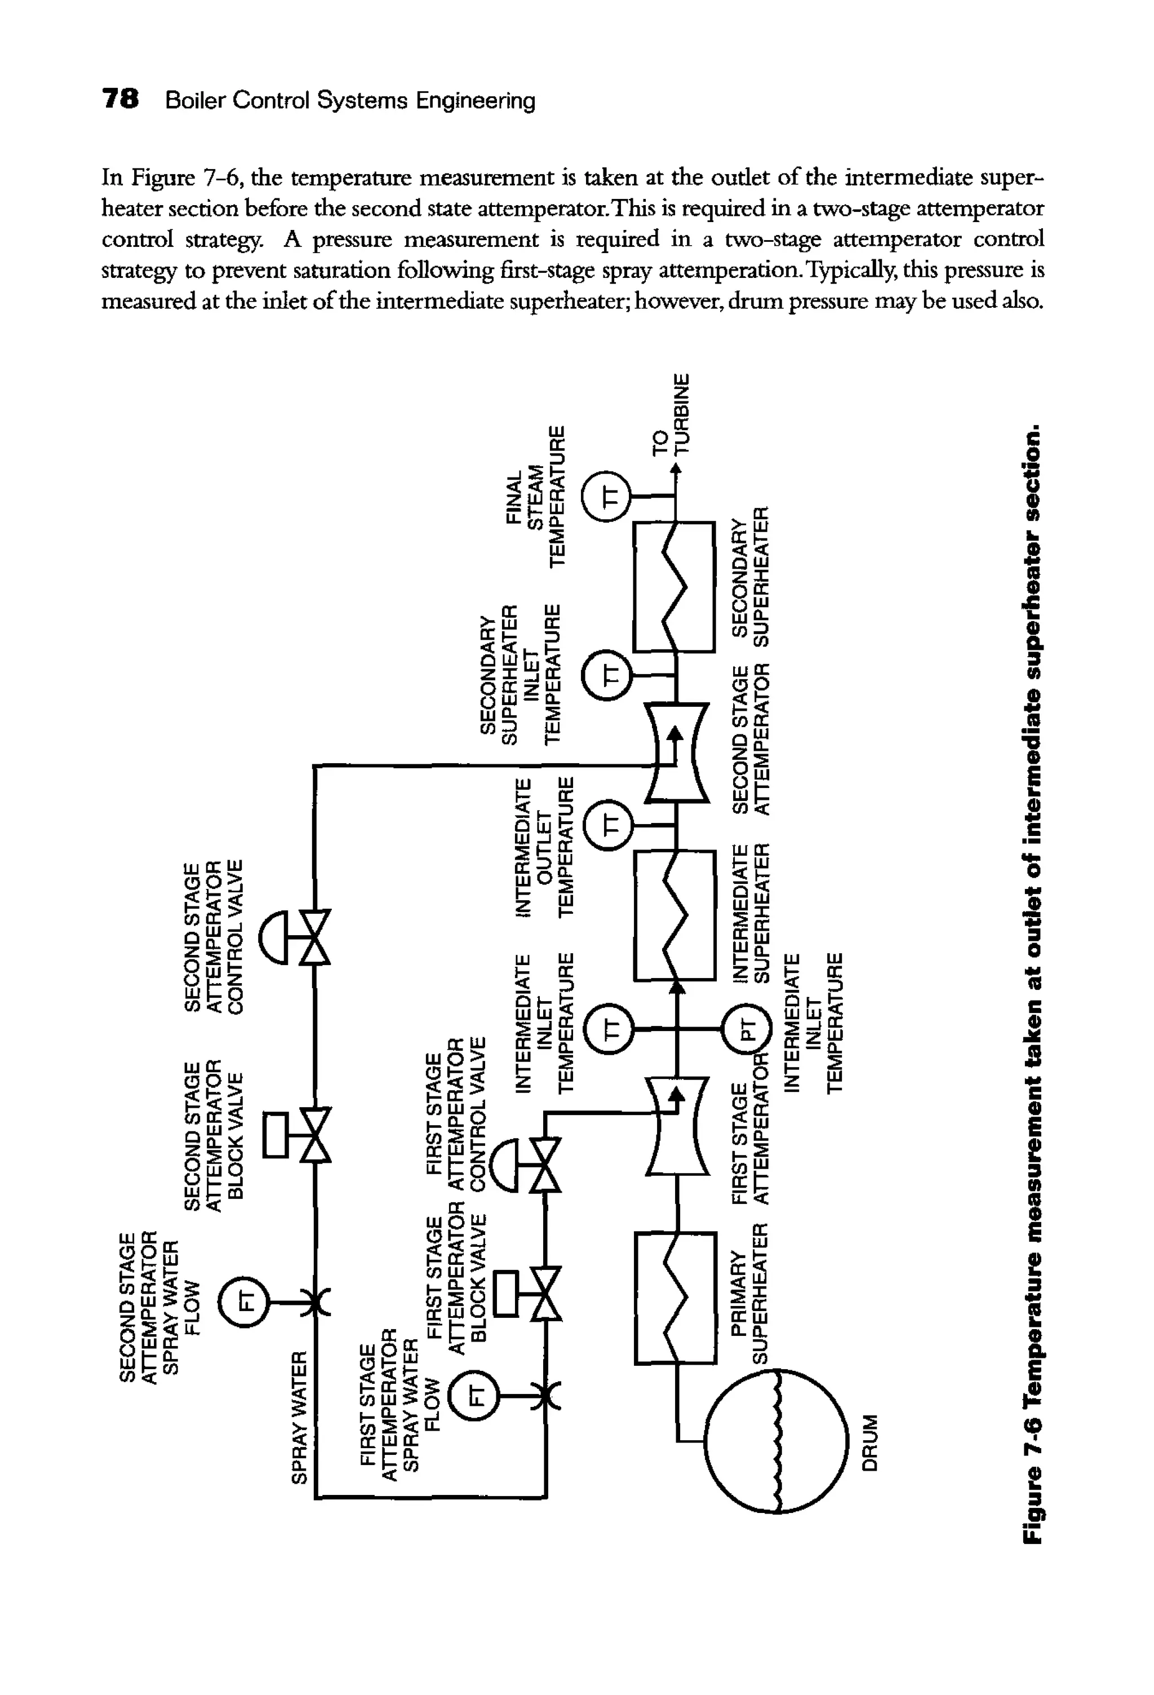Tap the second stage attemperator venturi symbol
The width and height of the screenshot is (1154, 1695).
[x=677, y=752]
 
